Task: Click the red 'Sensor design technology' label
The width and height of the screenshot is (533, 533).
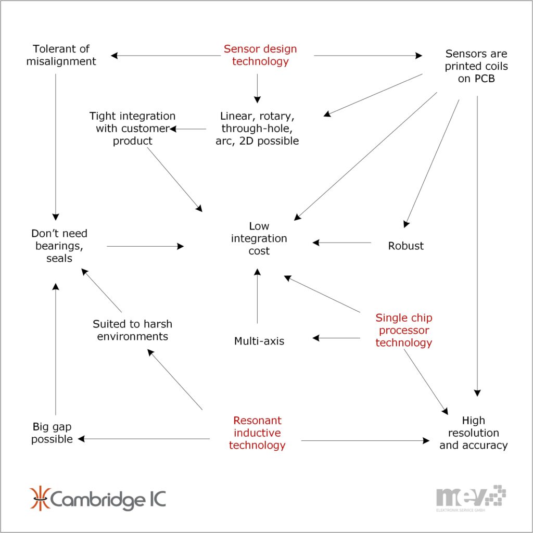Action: coord(260,55)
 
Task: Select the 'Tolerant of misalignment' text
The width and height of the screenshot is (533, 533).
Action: coord(61,55)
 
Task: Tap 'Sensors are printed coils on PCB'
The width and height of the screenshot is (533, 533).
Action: coord(476,67)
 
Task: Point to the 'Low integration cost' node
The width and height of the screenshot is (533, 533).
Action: coord(259,238)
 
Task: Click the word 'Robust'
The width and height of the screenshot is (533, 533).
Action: coord(405,246)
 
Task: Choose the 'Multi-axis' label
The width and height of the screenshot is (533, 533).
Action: coord(259,341)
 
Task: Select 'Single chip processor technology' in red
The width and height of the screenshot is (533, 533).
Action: coord(403,330)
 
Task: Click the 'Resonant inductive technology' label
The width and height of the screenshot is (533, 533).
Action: coord(257,433)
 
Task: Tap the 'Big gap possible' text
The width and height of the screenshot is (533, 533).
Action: coord(52,433)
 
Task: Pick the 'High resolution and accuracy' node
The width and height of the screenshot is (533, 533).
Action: coord(473,433)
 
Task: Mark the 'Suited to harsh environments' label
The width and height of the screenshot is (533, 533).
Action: coord(132,330)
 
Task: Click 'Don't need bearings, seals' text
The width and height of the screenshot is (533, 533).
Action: coord(59,246)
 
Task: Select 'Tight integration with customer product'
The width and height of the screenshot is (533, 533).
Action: coord(132,128)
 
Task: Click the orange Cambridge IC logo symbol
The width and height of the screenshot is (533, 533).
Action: coord(39,499)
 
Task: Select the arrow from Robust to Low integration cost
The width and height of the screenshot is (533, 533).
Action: coord(342,243)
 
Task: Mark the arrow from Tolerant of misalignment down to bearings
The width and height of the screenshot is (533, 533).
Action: coord(55,146)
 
